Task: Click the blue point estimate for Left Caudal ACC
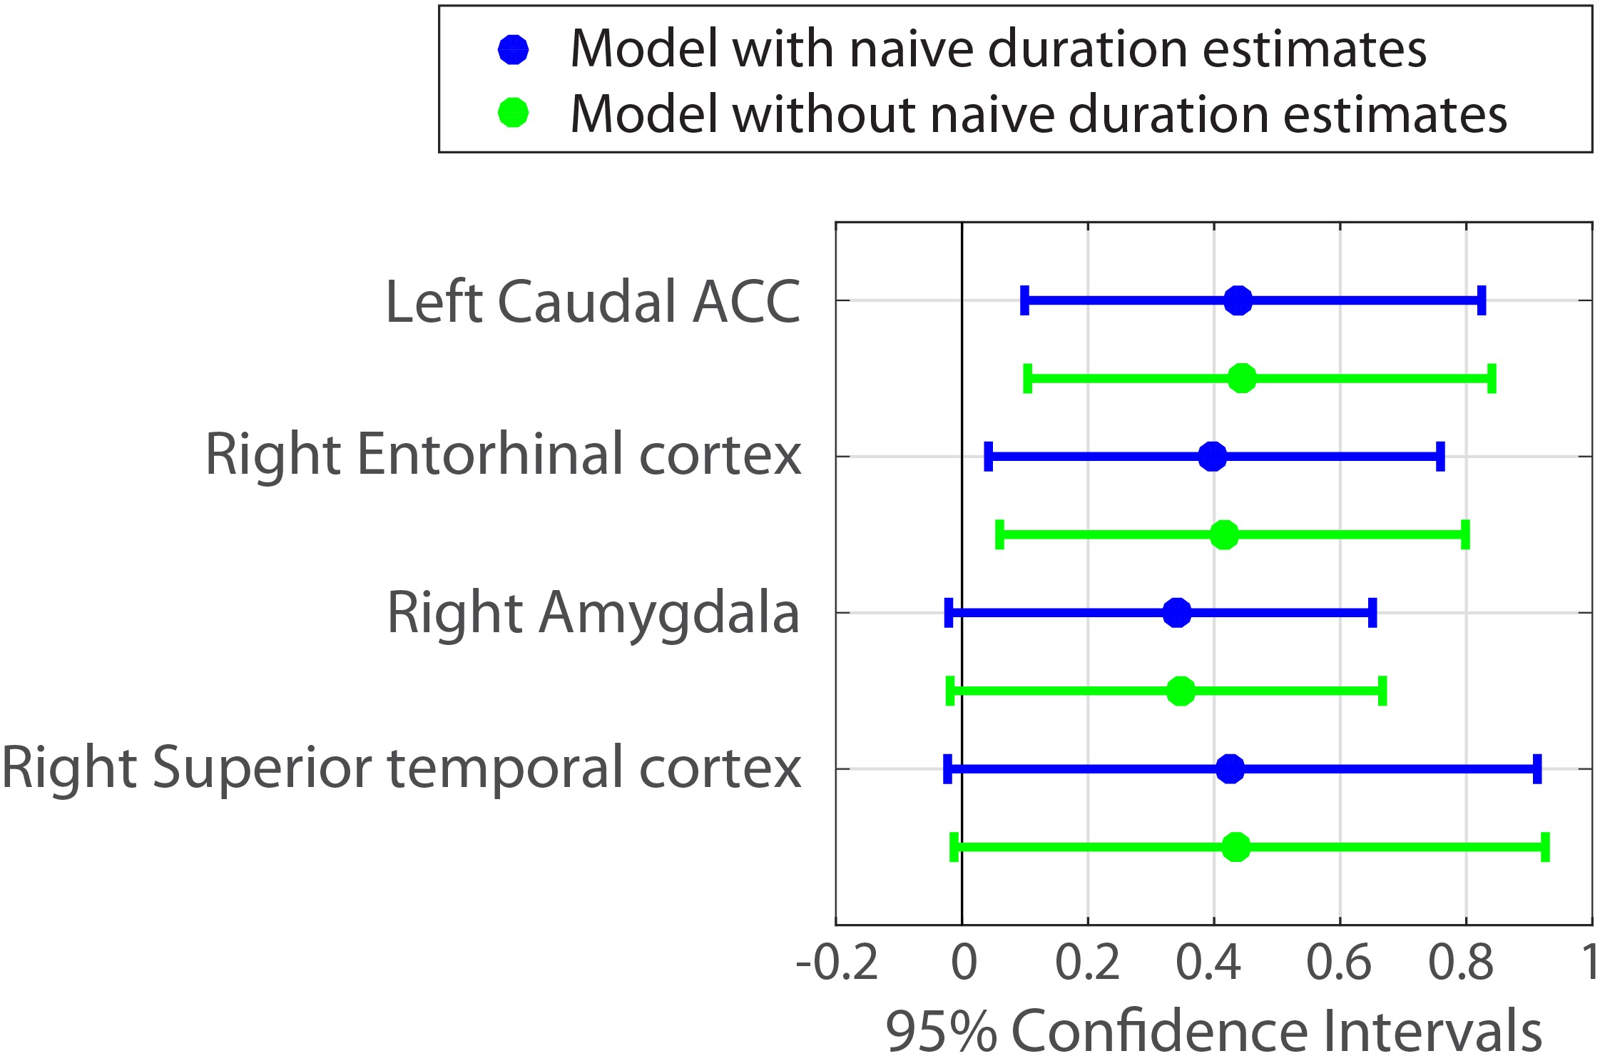1238,300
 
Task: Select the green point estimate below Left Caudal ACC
1242,378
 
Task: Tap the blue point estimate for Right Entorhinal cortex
1213,457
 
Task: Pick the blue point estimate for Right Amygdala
1176,613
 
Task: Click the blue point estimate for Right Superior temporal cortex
1230,769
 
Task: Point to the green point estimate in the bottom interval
1236,847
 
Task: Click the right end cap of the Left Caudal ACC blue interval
1481,300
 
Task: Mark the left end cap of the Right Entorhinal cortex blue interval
988,457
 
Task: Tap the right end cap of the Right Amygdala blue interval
1372,613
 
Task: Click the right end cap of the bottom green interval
1545,847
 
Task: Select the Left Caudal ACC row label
593,302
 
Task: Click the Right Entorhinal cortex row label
503,455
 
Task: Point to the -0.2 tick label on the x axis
837,963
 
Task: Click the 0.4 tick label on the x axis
1208,963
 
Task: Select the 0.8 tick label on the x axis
1460,963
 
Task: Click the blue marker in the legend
513,49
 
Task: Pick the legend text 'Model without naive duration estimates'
1039,114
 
